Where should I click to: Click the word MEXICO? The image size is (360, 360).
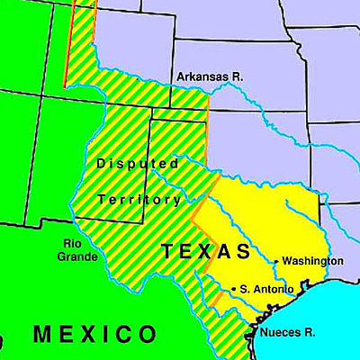(94, 336)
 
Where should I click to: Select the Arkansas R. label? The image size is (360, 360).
(210, 77)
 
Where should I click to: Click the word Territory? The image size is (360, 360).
(139, 199)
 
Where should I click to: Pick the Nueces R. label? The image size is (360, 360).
(287, 333)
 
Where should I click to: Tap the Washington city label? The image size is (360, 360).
(312, 261)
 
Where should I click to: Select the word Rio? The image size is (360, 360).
(74, 243)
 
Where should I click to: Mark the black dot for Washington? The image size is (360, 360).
(276, 262)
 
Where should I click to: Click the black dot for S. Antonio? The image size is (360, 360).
(235, 289)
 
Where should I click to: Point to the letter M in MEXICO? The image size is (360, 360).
(41, 336)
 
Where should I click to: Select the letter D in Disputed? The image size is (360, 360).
(102, 164)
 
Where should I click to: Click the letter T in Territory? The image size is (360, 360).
(101, 199)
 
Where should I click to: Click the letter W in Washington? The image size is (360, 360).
(287, 261)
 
